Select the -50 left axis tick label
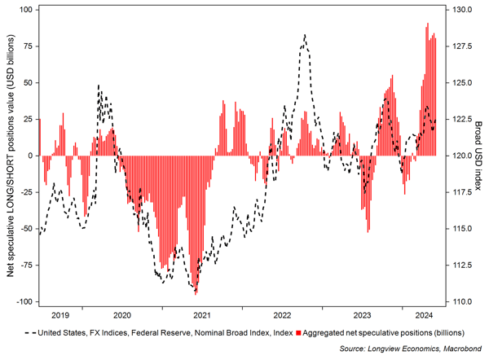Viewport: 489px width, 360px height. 24,229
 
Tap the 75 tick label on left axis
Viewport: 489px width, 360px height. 25,46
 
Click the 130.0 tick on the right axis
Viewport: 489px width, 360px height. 461,10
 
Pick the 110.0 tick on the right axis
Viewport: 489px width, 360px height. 461,301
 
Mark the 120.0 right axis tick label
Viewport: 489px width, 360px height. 461,156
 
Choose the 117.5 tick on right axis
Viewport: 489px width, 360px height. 461,192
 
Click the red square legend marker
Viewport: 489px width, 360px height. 300,332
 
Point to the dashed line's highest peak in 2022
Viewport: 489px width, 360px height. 305,35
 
